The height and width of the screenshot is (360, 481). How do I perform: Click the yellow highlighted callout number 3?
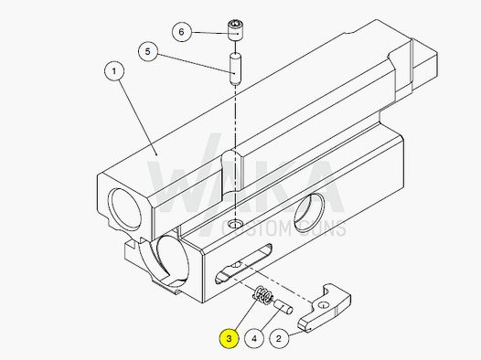[x=228, y=338]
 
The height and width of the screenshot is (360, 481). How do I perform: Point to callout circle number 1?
[x=114, y=70]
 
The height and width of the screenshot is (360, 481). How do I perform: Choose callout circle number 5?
[x=146, y=51]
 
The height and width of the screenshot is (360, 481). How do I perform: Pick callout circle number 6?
[x=181, y=32]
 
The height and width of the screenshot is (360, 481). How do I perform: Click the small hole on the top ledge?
[x=237, y=224]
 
